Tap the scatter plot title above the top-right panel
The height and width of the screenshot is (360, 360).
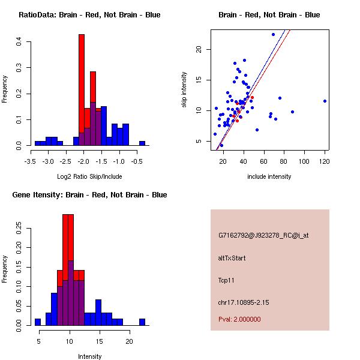point(269,15)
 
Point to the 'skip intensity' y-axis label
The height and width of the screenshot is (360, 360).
point(185,90)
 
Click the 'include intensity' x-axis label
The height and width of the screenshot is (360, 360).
point(269,176)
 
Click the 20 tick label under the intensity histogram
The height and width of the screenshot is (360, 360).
point(129,341)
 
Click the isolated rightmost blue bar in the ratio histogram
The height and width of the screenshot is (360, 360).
point(142,143)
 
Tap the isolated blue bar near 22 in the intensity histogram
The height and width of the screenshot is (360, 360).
point(142,322)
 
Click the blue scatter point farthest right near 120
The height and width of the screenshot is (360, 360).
point(325,101)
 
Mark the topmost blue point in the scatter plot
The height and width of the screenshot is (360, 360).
point(273,34)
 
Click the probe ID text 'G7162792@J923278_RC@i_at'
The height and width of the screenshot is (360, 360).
point(263,236)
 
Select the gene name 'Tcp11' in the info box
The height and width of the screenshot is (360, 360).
point(226,280)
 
